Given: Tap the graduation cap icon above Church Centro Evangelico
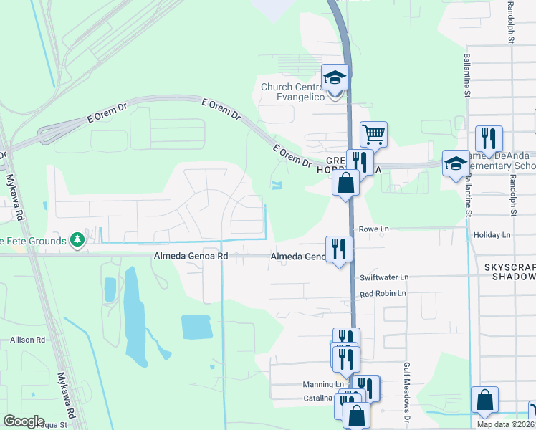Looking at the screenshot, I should (x=335, y=76).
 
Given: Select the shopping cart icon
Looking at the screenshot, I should (x=373, y=133).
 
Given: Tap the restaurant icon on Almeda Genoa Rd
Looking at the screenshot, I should (x=339, y=249).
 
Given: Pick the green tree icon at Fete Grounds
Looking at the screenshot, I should (x=76, y=240).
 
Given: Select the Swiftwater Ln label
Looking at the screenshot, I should (x=384, y=277).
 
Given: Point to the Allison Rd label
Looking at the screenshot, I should (x=27, y=339).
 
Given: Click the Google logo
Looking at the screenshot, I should (x=24, y=421).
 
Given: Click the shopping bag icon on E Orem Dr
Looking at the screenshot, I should (x=345, y=182).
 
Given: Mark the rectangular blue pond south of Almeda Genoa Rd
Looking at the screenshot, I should (x=196, y=327).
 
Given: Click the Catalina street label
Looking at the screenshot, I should (x=317, y=398).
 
